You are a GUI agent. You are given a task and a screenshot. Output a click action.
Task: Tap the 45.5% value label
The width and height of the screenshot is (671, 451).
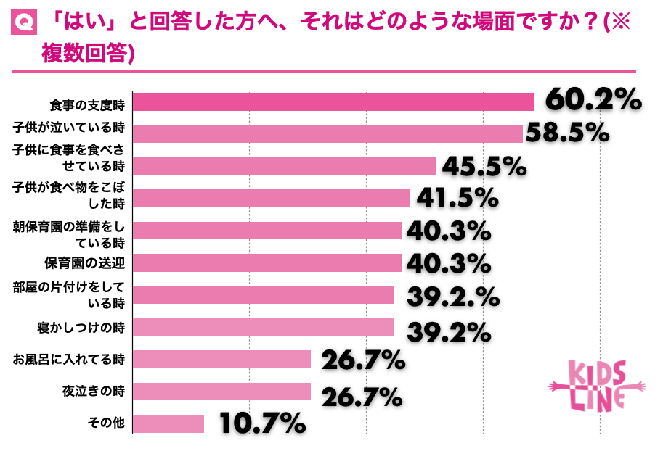pos(484,167)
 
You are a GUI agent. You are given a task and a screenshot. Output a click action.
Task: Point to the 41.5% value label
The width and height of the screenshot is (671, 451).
pos(457,198)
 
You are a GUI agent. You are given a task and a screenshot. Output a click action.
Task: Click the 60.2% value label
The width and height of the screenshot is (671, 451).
pos(593,101)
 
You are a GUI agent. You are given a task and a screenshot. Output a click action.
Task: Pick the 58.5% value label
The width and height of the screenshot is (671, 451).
pos(566,133)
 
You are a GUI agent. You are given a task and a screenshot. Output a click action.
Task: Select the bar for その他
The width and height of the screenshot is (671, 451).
pos(169,423)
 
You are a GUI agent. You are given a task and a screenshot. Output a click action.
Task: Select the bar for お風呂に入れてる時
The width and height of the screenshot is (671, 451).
pos(223,360)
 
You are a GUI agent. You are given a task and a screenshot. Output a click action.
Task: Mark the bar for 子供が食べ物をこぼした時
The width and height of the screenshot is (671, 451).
pos(272,198)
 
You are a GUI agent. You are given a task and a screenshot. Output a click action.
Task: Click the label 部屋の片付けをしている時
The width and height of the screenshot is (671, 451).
pos(72,294)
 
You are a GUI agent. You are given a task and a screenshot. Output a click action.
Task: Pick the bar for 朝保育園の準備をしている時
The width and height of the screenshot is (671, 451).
pos(268,231)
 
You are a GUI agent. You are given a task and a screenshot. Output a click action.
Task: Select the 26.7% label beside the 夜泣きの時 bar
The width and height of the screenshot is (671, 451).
pos(362,396)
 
